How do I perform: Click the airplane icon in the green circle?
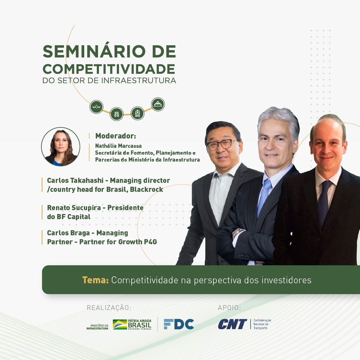click(x=97, y=107)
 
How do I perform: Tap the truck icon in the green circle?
click(x=117, y=114)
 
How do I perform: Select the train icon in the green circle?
click(x=138, y=113)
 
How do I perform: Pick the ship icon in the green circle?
click(x=158, y=104)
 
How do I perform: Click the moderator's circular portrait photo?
click(x=61, y=147)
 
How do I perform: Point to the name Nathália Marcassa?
click(x=118, y=146)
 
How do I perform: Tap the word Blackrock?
click(x=147, y=189)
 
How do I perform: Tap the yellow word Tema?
click(x=95, y=280)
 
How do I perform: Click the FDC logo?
click(x=179, y=324)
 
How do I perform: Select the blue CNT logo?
click(x=233, y=324)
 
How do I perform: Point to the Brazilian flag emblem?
click(x=120, y=324)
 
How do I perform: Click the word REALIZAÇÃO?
click(x=109, y=308)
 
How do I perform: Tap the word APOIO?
click(x=229, y=308)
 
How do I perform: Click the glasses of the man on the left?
click(x=222, y=144)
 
